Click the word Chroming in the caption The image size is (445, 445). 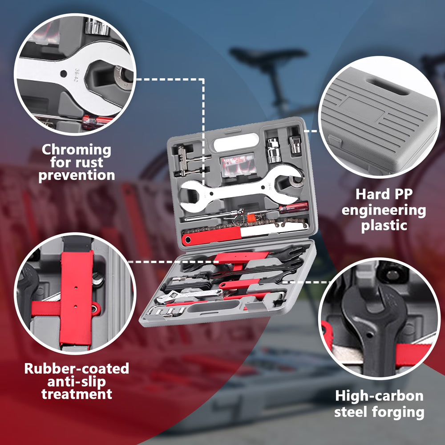[x=77, y=150]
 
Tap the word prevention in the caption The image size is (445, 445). [x=77, y=175]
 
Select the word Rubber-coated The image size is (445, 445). [x=77, y=368]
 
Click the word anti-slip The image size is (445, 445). [x=77, y=381]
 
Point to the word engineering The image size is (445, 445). [x=384, y=211]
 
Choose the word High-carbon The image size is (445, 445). [x=379, y=396]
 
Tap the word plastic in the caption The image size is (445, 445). [x=384, y=226]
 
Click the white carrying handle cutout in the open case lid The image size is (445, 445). [x=236, y=142]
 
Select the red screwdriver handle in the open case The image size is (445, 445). [x=294, y=207]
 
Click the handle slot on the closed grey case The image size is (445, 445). [x=387, y=87]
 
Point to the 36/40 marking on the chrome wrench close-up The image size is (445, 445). [x=77, y=75]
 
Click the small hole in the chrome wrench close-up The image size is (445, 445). [x=64, y=74]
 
